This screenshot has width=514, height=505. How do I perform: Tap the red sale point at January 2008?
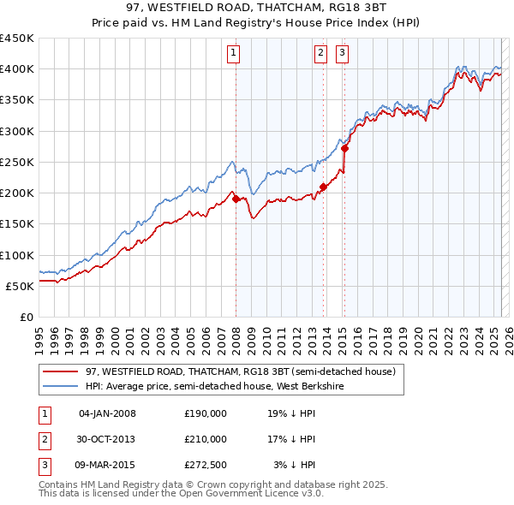pyautogui.click(x=236, y=199)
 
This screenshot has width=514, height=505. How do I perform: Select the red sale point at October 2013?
pyautogui.click(x=323, y=187)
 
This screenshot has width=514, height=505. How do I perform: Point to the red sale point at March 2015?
pyautogui.click(x=344, y=148)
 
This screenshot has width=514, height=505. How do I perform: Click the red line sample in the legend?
pyautogui.click(x=60, y=372)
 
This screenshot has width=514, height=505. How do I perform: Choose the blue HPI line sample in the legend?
pyautogui.click(x=60, y=386)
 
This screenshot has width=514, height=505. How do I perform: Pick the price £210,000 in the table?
pyautogui.click(x=206, y=439)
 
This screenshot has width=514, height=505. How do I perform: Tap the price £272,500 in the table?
pyautogui.click(x=206, y=465)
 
